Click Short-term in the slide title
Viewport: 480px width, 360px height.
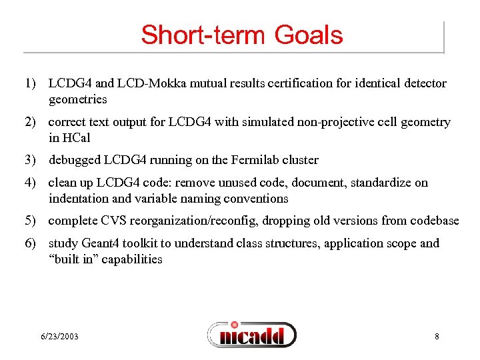click(197, 35)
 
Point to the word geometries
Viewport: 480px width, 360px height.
click(77, 99)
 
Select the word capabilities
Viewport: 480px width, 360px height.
click(129, 259)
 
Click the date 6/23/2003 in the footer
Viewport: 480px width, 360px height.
click(59, 337)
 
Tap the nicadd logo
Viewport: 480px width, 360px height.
click(251, 335)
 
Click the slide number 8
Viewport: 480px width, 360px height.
click(437, 337)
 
